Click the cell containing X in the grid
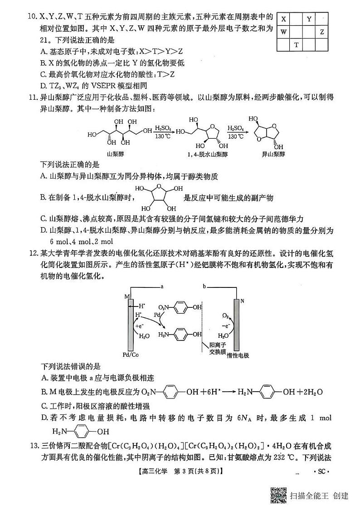click(284, 19)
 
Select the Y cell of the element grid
click(309, 19)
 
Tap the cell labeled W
click(284, 32)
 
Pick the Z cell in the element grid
click(322, 32)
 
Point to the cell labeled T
click(297, 45)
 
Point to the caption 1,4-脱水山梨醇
click(201, 154)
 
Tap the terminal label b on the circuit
click(204, 287)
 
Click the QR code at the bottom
click(279, 495)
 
